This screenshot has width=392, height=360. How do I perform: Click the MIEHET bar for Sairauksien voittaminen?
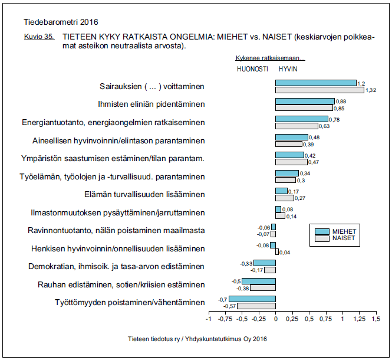pos(315,83)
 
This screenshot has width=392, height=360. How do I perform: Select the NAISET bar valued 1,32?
pos(319,90)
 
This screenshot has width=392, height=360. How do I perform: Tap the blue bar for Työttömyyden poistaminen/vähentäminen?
pos(252,299)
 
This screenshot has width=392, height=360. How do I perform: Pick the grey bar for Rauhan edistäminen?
pos(263,288)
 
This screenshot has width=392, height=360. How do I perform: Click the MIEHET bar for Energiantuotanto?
pos(301,119)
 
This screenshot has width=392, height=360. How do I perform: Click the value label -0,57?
pos(229,306)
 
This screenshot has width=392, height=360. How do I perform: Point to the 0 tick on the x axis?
pos(275,319)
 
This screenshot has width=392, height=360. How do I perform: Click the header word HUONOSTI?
pos(252,68)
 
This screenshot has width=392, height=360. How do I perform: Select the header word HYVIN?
pos(288,68)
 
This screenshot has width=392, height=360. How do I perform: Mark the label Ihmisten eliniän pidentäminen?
pos(151,104)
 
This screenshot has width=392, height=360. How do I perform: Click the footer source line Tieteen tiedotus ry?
pos(197,339)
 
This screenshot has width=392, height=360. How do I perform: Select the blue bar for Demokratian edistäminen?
pos(264,263)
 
